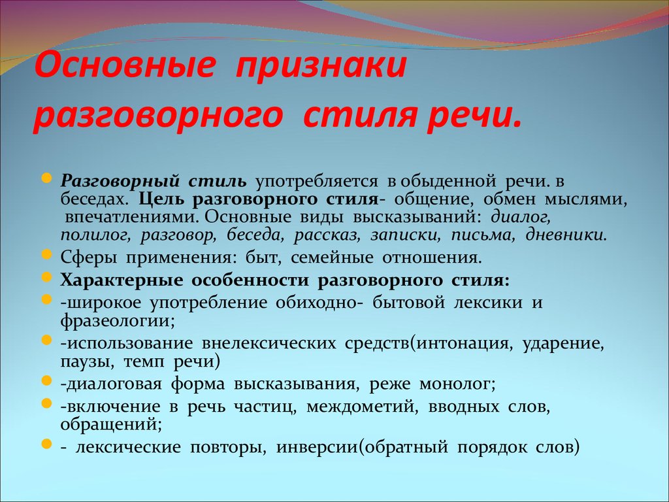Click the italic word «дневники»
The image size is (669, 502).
tap(566, 235)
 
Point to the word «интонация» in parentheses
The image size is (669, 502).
tap(465, 344)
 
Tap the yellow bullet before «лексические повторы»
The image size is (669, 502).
tap(47, 444)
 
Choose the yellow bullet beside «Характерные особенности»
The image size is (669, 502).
tap(47, 278)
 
